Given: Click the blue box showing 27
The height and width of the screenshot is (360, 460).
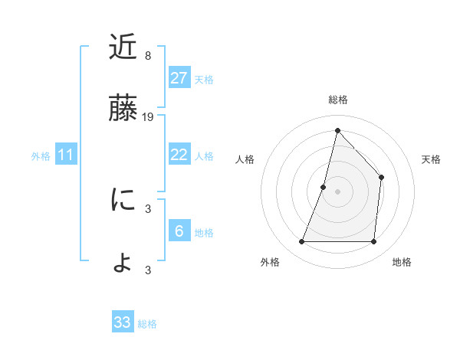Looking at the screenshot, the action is coord(179,78).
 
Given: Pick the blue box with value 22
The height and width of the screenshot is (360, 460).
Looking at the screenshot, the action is coord(179,155).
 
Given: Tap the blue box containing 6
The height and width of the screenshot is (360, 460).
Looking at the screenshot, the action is coord(179,231).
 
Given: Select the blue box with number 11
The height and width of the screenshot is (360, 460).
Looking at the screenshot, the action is coord(66,155).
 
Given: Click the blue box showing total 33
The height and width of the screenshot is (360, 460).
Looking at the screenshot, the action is coord(123,322).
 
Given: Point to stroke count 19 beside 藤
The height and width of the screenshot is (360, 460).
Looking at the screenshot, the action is coord(149,117).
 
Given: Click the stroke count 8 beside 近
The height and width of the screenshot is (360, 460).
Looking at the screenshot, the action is coord(148,56).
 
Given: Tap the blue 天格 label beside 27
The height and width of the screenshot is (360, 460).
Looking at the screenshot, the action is coord(204,79).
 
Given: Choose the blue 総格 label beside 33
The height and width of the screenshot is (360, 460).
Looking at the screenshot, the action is coord(147,324).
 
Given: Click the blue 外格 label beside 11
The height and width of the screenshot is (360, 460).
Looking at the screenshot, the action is coord(41,156).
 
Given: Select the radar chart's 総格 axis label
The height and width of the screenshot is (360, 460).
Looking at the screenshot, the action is coord(337,100).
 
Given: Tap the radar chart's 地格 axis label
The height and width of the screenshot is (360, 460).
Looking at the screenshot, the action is coord(402,262).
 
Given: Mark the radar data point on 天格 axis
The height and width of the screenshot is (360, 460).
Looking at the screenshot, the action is coord(381,178).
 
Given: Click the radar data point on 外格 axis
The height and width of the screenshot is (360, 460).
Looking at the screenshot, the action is coord(301,242).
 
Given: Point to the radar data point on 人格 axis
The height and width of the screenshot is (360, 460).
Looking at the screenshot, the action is coord(324,187).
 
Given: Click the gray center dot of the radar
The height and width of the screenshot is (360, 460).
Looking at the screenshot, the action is coord(337,191).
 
